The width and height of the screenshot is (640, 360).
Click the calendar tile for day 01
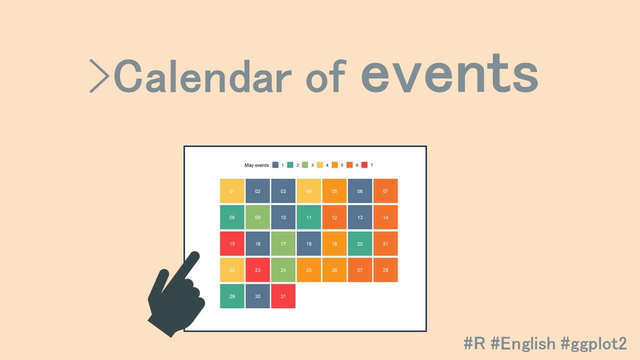[x=232, y=191]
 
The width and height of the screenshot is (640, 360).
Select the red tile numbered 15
[x=232, y=243]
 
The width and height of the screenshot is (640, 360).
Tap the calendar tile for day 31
[x=283, y=296]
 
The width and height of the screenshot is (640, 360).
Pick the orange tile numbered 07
[x=385, y=191]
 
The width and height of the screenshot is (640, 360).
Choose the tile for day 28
[x=385, y=270]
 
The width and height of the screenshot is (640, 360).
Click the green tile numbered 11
[x=309, y=217]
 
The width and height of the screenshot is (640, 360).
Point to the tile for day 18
[x=309, y=243]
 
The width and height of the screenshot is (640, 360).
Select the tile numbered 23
[x=257, y=270]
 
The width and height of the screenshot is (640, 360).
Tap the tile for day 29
[x=232, y=296]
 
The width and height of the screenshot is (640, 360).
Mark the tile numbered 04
[x=309, y=191]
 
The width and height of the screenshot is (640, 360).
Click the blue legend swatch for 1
[x=275, y=165]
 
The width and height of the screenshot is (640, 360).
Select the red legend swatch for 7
[x=364, y=165]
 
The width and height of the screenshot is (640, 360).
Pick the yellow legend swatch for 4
[x=320, y=165]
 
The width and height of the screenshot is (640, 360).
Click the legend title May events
[x=256, y=165]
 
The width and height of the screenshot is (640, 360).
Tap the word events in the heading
[x=449, y=73]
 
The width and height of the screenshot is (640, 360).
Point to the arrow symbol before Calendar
[x=99, y=76]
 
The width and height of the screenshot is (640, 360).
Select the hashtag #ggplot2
[x=593, y=343]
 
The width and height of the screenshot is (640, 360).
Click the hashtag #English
[x=523, y=343]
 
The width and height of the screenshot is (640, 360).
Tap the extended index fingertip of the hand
[x=195, y=255]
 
